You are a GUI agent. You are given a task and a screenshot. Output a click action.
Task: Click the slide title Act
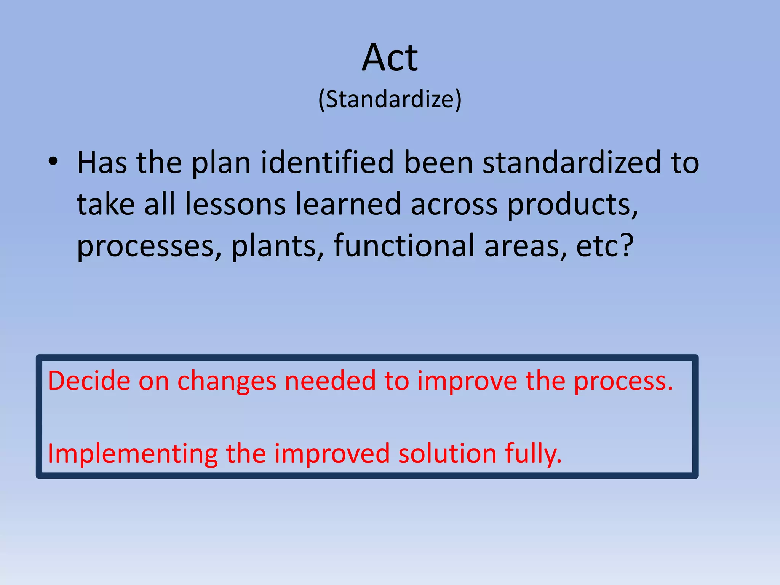pyautogui.click(x=390, y=58)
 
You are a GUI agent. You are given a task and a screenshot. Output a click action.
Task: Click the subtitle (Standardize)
pyautogui.click(x=390, y=100)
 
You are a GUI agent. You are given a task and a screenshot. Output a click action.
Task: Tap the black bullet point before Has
pyautogui.click(x=53, y=162)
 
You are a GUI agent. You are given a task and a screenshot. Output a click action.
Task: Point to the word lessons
pyautogui.click(x=235, y=205)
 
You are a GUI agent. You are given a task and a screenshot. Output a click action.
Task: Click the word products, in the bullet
pyautogui.click(x=572, y=206)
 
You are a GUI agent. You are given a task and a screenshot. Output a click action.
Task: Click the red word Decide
pyautogui.click(x=89, y=381)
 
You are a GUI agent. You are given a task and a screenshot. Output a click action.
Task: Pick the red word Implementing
pyautogui.click(x=133, y=454)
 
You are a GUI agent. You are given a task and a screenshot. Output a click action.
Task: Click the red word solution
pyautogui.click(x=447, y=454)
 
